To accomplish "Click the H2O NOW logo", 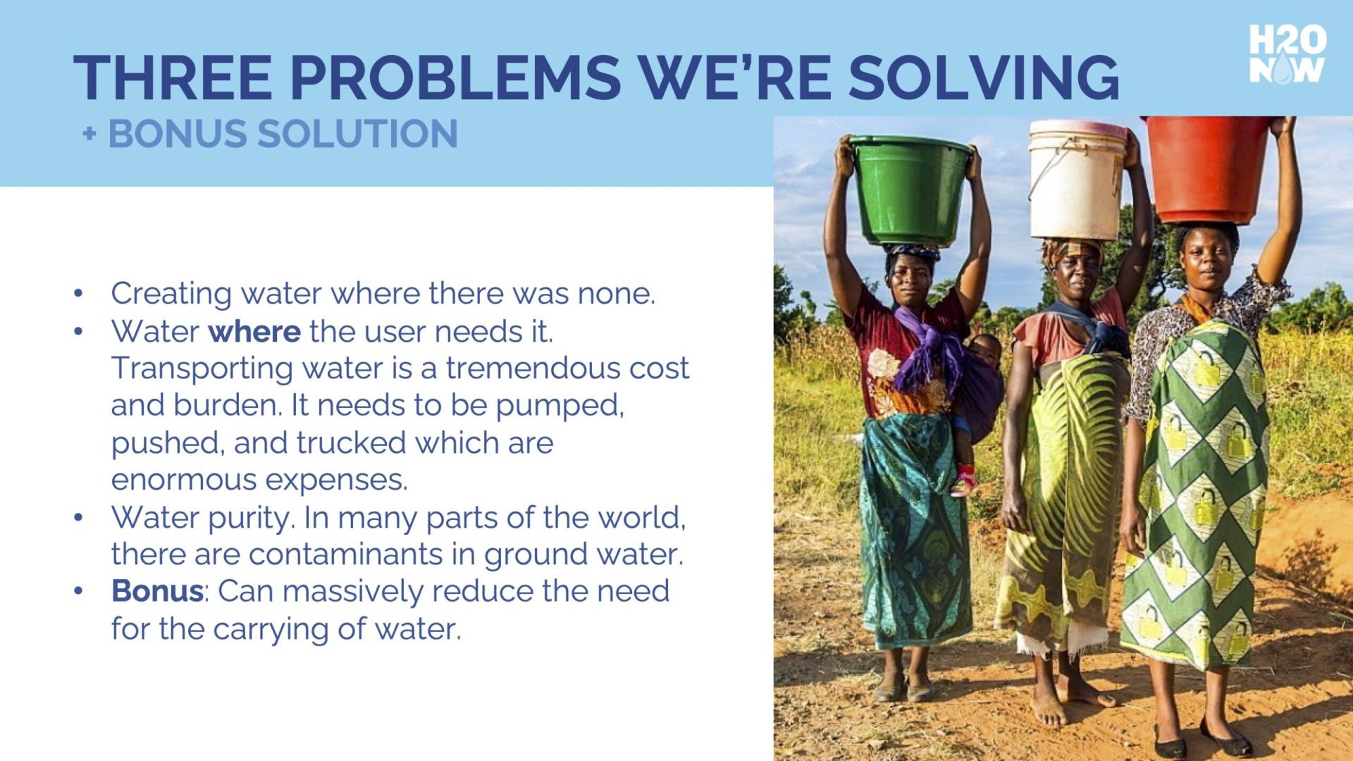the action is [x=1287, y=54].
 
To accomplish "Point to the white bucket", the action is [x=1076, y=180].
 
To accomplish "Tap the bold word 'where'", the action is [x=254, y=331].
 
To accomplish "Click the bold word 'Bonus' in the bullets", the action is [x=157, y=590].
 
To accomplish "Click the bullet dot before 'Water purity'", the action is [x=78, y=518].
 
